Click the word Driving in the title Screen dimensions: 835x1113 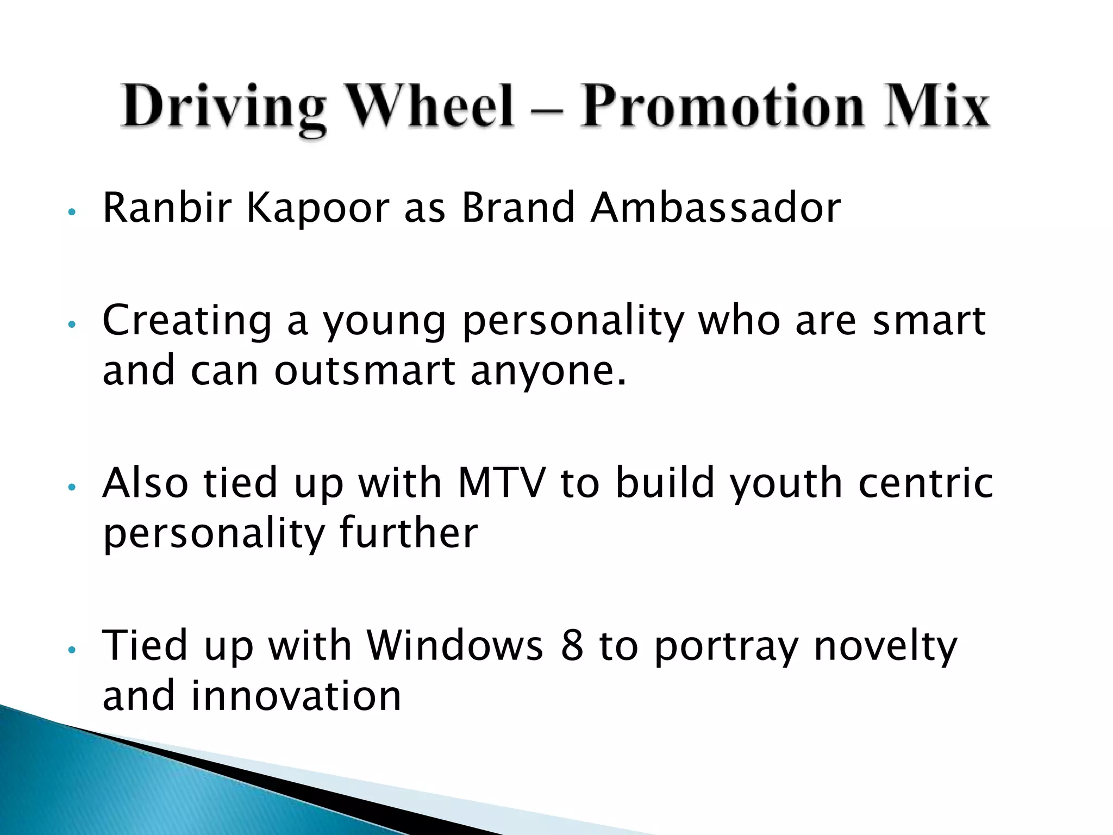(x=223, y=107)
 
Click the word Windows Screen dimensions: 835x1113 (x=455, y=645)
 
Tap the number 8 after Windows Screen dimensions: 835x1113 (x=571, y=645)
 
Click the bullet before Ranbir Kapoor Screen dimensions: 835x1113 (x=71, y=211)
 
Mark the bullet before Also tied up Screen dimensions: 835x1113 (x=71, y=487)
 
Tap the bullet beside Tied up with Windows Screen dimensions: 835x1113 (x=71, y=650)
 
